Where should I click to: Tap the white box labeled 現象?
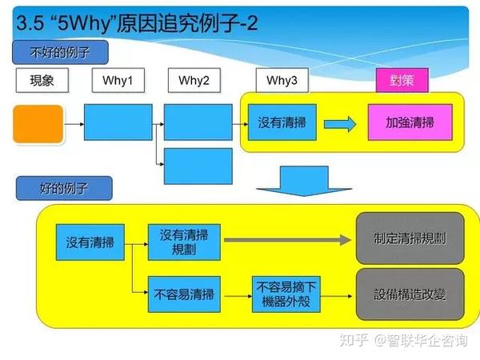coord(42,80)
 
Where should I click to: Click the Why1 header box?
coord(118,80)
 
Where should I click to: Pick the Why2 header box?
coord(194,80)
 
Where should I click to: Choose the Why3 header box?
coord(282,80)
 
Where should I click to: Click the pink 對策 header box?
coord(402,80)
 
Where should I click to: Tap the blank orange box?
coord(38,123)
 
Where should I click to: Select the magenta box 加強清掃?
coord(410,123)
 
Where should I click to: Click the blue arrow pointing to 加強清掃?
coord(339,124)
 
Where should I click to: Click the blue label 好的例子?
coord(64,189)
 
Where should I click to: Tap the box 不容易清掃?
coord(184,294)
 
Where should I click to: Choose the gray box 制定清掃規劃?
coord(410,238)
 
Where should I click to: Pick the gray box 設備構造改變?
coord(410,294)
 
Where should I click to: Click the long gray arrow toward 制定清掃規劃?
coord(288,238)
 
